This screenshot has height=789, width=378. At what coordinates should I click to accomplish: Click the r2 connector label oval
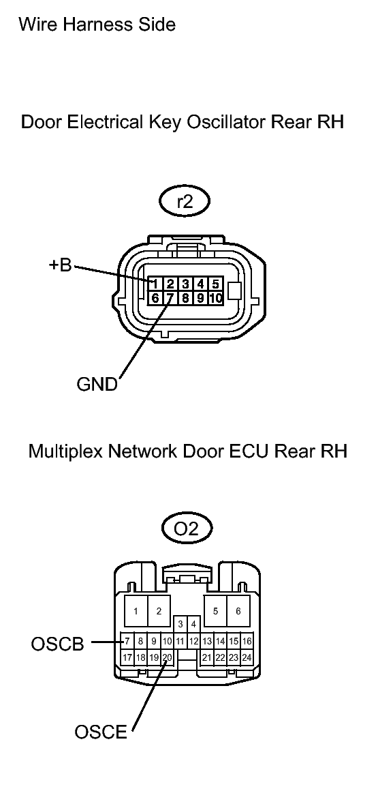pyautogui.click(x=185, y=202)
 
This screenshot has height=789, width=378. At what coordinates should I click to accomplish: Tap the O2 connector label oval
pyautogui.click(x=187, y=529)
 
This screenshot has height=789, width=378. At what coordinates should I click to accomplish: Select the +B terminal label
pyautogui.click(x=61, y=265)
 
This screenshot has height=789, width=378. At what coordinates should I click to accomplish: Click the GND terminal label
pyautogui.click(x=97, y=384)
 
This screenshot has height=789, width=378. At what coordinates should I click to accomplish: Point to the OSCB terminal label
pyautogui.click(x=57, y=644)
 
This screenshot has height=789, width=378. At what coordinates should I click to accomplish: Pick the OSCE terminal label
pyautogui.click(x=101, y=732)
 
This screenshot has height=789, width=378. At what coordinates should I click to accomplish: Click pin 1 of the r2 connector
pyautogui.click(x=155, y=284)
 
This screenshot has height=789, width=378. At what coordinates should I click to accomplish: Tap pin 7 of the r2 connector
pyautogui.click(x=170, y=298)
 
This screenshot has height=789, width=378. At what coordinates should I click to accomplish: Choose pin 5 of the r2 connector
pyautogui.click(x=216, y=284)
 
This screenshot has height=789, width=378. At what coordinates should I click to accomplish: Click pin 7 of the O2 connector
pyautogui.click(x=127, y=642)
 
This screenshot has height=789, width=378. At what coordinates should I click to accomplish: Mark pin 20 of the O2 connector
pyautogui.click(x=168, y=657)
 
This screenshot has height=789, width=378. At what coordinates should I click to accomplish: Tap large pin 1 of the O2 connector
pyautogui.click(x=136, y=612)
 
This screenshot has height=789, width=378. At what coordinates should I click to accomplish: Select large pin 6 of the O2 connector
pyautogui.click(x=238, y=612)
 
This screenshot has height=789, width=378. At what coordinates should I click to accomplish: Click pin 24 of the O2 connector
pyautogui.click(x=247, y=657)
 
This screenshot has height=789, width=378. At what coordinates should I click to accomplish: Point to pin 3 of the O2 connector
pyautogui.click(x=180, y=625)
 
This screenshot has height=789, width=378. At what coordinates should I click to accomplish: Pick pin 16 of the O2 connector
pyautogui.click(x=247, y=642)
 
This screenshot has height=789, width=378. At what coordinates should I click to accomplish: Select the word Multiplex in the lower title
pyautogui.click(x=62, y=451)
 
